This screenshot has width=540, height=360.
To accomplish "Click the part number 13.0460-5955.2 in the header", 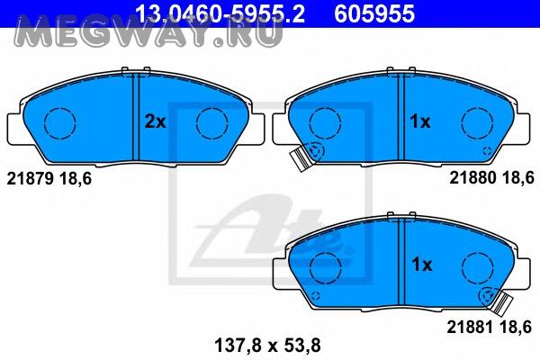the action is point(220,13).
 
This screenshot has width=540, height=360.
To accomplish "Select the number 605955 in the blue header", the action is point(375,13).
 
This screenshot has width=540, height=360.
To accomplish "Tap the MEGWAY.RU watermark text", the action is point(148,32).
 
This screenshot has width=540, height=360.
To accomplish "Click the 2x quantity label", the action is point(156,121).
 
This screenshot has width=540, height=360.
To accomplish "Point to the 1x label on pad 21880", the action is point(420,121).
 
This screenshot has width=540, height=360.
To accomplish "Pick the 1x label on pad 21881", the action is point(422,265).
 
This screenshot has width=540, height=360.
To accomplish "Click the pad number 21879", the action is point(31,179).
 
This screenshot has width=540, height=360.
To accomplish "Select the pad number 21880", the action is point(472,178).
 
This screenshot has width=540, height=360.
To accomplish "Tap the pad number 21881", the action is point(471,327).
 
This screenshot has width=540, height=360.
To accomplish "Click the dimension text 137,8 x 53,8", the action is point(267,346).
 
